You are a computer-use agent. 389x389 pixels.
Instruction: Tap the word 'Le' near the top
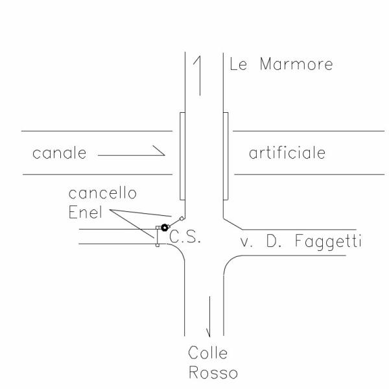[237, 65]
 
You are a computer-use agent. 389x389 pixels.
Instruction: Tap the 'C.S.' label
[185, 238]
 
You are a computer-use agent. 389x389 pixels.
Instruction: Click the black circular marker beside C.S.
[165, 228]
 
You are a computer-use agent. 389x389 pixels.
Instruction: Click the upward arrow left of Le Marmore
[200, 75]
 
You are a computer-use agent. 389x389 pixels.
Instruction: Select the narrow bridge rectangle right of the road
[226, 156]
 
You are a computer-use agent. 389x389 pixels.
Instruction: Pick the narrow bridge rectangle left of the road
[182, 156]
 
